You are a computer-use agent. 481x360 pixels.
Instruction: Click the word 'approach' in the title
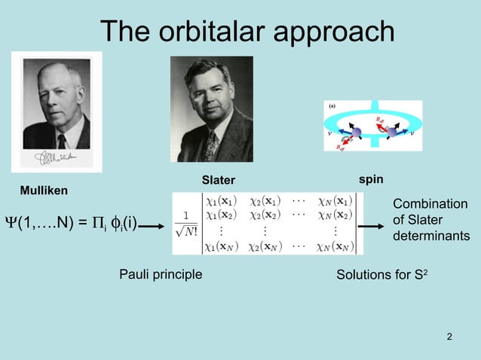point(335,31)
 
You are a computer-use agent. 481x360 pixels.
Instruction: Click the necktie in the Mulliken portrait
point(61,140)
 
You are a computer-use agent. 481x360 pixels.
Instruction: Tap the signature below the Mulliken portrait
point(58,158)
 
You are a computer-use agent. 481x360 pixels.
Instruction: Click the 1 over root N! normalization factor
point(185,224)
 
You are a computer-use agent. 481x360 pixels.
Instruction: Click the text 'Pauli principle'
point(161,274)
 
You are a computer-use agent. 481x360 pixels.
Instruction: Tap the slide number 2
point(450,336)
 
